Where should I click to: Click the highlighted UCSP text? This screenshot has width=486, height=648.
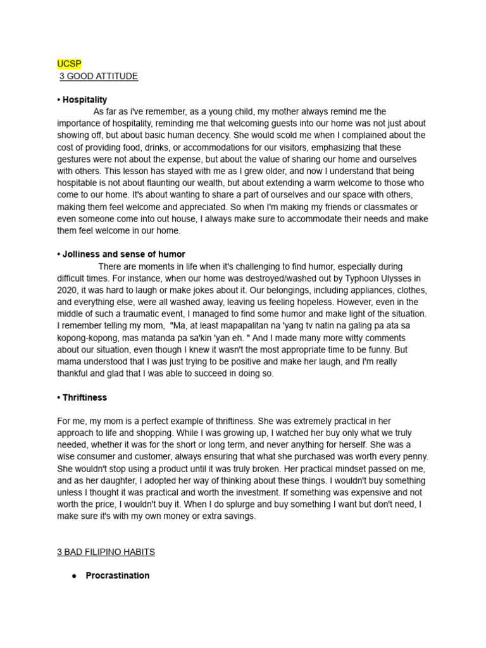69,64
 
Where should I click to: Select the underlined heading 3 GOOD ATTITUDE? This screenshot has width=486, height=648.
98,76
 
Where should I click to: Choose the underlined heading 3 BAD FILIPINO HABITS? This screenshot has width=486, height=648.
106,552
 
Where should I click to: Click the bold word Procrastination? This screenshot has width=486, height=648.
118,576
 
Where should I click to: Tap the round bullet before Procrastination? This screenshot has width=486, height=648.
74,576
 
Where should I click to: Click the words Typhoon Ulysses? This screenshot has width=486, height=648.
382,278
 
